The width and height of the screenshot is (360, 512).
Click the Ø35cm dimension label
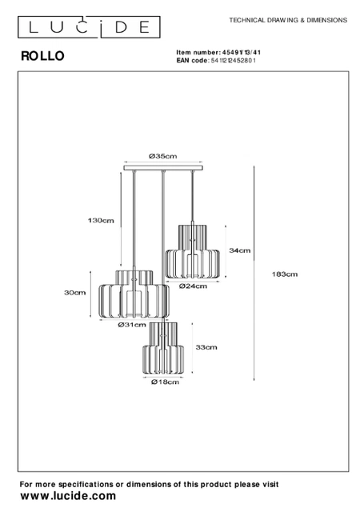tap(162, 156)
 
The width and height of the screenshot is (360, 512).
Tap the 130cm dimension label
tap(101, 221)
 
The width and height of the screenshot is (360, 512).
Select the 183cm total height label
tap(285, 274)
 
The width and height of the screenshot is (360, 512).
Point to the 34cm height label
tap(240, 250)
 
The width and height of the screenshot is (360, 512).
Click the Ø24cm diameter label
tap(193, 286)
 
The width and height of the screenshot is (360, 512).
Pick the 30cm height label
tap(75, 293)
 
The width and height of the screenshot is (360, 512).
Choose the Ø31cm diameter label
tap(132, 325)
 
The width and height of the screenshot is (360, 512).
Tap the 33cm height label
tap(206, 347)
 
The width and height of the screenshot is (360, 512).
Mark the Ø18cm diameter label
tap(166, 382)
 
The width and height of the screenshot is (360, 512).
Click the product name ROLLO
tap(42, 56)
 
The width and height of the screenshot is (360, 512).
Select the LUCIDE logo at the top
tap(89, 27)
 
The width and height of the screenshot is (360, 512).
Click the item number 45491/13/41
tap(242, 52)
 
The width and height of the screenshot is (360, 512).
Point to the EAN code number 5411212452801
tap(234, 61)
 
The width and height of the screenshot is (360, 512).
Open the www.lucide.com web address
tap(68, 496)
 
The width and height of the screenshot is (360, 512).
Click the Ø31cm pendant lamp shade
tap(134, 294)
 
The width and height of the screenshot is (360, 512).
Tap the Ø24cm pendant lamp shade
tap(192, 251)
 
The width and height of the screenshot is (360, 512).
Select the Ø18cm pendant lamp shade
tap(163, 348)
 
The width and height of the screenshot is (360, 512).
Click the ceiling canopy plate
tap(163, 168)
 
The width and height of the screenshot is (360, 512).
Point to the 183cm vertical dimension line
tap(254, 274)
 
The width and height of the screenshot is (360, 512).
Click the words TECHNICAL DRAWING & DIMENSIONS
tap(288, 20)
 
